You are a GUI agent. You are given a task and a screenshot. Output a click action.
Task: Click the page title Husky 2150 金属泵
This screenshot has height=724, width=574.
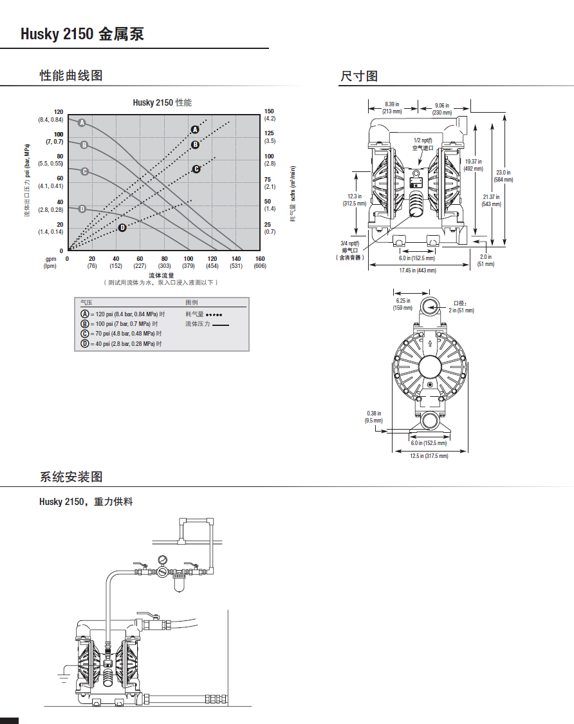tap(82, 34)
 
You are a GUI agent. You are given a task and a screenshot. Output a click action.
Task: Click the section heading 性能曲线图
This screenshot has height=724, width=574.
tap(71, 75)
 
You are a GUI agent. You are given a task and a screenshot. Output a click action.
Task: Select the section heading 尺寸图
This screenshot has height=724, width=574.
tap(359, 76)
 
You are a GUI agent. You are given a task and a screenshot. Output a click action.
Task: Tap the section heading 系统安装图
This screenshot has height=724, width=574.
tap(71, 477)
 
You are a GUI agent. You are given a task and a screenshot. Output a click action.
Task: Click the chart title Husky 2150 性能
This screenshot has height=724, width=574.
tap(162, 102)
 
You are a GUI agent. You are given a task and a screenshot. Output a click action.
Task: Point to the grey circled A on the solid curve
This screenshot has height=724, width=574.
tap(82, 122)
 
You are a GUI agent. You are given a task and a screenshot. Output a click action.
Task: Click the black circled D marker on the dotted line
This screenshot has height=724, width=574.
tap(122, 227)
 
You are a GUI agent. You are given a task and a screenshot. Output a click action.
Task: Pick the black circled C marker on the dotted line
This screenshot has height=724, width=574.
tap(196, 169)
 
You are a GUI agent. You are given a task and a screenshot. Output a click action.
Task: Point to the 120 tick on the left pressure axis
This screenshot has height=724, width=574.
tap(59, 111)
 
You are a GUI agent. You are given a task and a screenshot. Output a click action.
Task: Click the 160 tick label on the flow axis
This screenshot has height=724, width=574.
tap(260, 258)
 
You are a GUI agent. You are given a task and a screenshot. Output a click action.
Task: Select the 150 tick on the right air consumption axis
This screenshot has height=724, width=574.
tap(269, 111)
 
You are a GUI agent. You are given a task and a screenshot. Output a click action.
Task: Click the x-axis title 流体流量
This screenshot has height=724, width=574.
tap(162, 275)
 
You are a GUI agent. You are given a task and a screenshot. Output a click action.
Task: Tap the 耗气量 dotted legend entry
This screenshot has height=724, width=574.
tap(204, 314)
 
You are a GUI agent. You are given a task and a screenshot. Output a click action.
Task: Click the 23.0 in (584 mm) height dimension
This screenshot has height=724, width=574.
tap(503, 176)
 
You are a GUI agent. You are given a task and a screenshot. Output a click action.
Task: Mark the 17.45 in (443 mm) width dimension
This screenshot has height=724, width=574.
tap(418, 270)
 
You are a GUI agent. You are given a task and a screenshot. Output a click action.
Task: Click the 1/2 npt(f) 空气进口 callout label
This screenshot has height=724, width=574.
tap(423, 144)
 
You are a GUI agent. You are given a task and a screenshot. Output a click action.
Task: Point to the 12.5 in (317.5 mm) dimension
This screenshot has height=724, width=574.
tap(429, 456)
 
